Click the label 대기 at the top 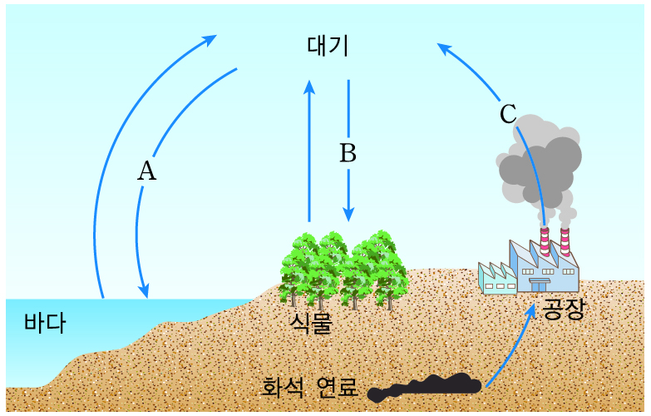[x=328, y=46]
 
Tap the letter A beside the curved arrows [x=146, y=171]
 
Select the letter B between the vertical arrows [x=348, y=153]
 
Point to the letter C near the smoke [x=508, y=114]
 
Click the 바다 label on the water [x=44, y=323]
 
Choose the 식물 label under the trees [x=311, y=322]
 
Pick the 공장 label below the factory [x=564, y=310]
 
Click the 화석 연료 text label [x=309, y=387]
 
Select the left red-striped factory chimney [x=545, y=240]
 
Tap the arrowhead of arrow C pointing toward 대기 [x=443, y=49]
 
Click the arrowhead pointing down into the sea [x=145, y=290]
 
